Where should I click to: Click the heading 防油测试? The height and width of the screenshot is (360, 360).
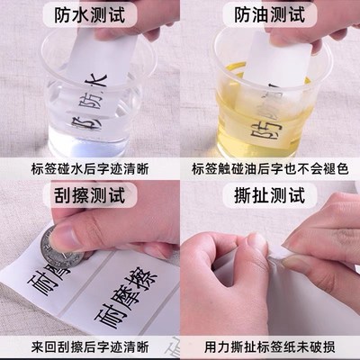coord(269,14)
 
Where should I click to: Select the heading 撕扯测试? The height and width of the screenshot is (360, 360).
coord(269,194)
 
